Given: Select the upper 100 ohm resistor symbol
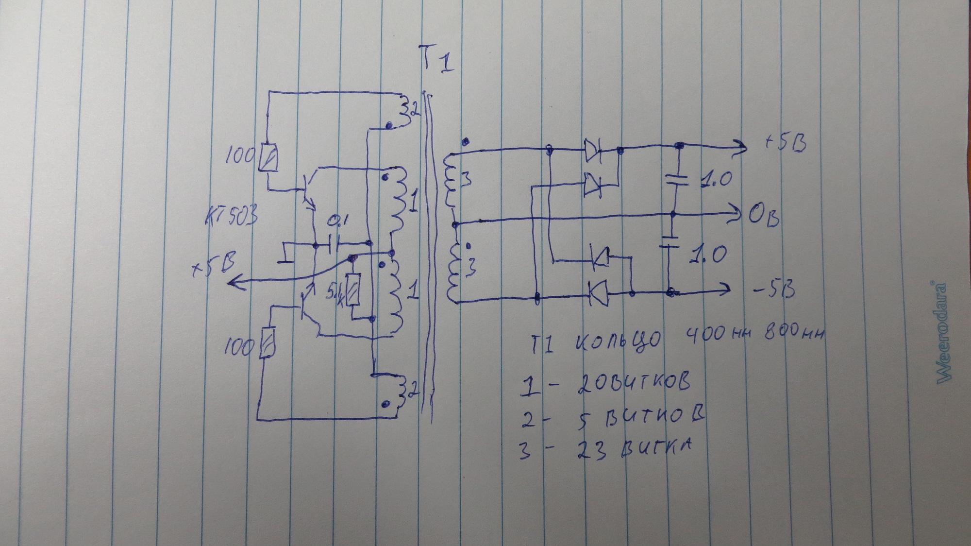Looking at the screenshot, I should (268, 157).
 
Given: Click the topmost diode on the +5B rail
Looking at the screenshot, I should (592, 151).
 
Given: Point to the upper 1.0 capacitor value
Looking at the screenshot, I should (716, 181).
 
